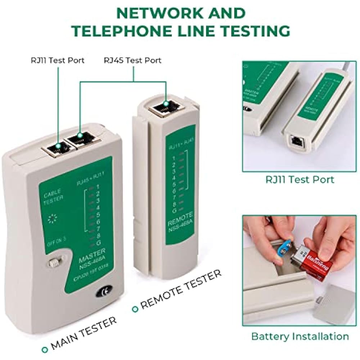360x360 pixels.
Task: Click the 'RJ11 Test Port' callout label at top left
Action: pos(58,60)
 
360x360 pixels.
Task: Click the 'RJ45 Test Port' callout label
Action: pos(132,60)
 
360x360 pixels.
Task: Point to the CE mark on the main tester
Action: pos(104,292)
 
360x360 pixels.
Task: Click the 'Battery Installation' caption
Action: pos(300,337)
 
